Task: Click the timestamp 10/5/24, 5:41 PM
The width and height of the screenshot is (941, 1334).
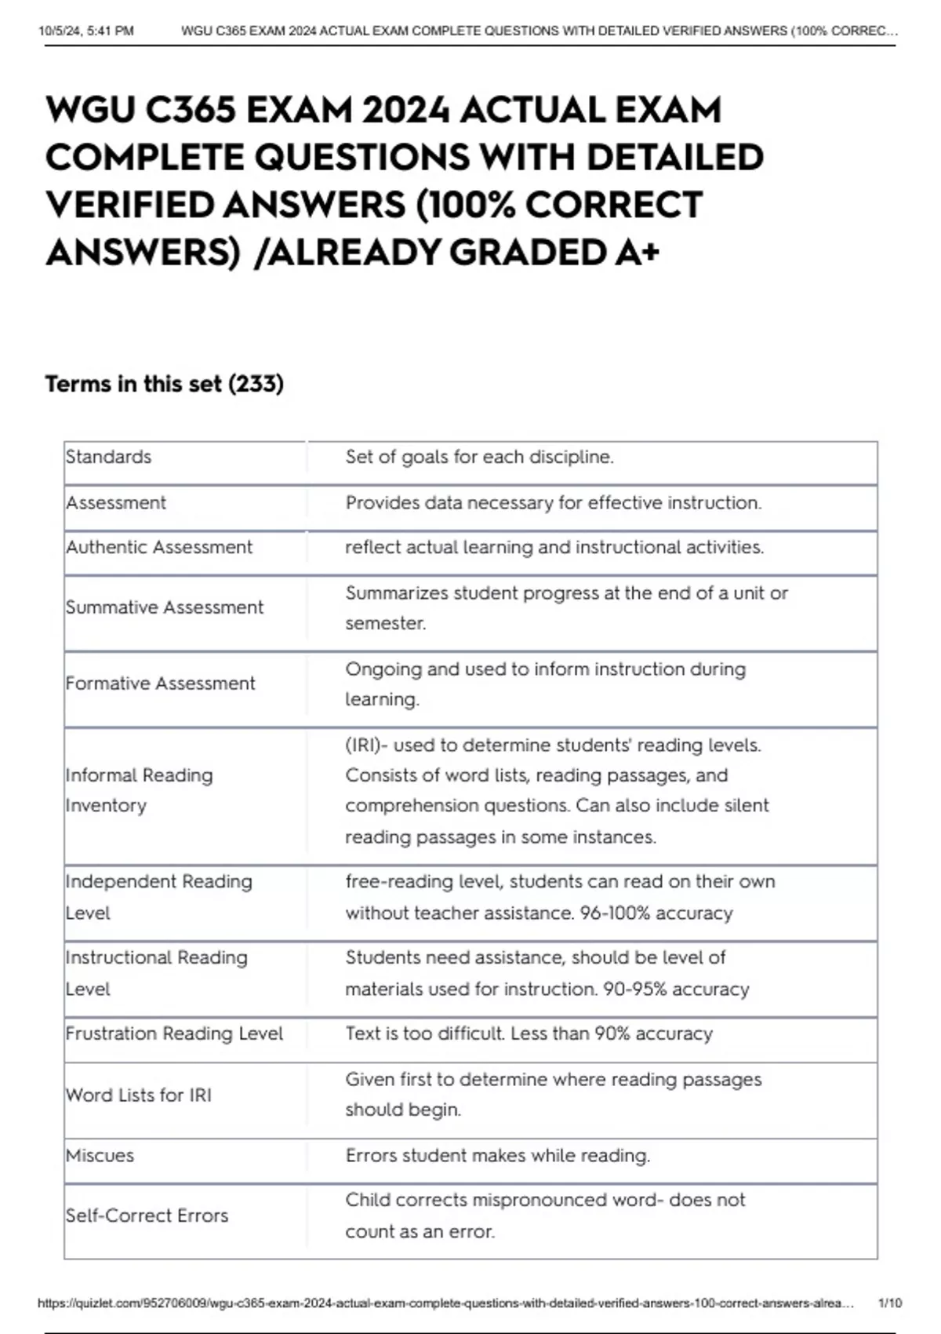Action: tap(86, 31)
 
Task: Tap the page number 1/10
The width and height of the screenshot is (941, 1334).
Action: tap(890, 1303)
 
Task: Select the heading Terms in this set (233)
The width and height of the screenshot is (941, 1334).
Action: tap(165, 384)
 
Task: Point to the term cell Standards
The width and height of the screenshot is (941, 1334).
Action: tap(109, 457)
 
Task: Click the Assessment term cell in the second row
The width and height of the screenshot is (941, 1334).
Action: tap(116, 502)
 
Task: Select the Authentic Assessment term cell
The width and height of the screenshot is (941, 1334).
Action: tap(159, 547)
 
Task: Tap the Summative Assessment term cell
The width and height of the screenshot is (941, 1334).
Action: tap(165, 607)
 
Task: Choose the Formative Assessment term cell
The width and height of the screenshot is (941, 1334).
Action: tap(161, 683)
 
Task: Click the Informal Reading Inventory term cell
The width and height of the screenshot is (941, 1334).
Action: tap(140, 790)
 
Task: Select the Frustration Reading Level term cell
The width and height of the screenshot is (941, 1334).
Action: tap(174, 1033)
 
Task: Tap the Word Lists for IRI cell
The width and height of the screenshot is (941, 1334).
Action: tap(139, 1095)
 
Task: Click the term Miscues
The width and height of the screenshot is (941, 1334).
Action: tap(100, 1155)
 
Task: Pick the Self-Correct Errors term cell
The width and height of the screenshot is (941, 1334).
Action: tap(147, 1216)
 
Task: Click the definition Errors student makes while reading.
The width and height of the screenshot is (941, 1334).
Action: tap(497, 1155)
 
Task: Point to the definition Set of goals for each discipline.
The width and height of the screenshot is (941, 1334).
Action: tap(479, 457)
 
